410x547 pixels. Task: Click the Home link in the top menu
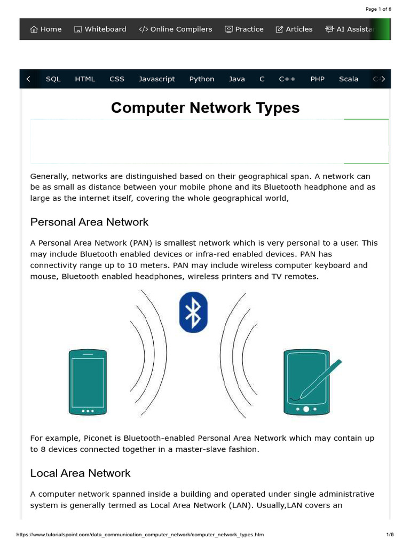[x=46, y=29]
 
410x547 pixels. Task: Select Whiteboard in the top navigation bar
[x=100, y=29]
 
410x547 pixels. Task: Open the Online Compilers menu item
[x=176, y=29]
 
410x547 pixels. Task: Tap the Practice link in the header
[x=244, y=29]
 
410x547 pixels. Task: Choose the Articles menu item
[x=294, y=29]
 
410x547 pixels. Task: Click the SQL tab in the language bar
[x=53, y=79]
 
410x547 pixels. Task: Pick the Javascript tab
[x=157, y=79]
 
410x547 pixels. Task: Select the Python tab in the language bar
[x=202, y=79]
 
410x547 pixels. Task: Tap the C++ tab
[x=287, y=79]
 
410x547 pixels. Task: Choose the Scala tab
[x=349, y=79]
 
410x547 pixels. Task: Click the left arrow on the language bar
[x=28, y=79]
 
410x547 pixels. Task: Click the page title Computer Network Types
[x=205, y=108]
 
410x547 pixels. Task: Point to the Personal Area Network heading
[x=89, y=222]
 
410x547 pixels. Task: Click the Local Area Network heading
[x=80, y=473]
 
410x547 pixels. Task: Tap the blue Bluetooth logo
[x=193, y=312]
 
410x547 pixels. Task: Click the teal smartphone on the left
[x=88, y=382]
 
